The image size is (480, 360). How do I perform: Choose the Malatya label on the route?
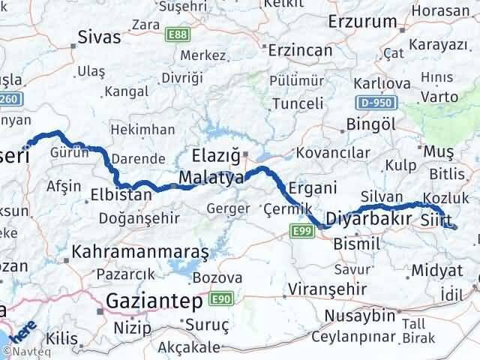click(211, 178)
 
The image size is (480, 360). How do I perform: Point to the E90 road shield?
click(219, 299)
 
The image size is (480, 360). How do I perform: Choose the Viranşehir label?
click(329, 289)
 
